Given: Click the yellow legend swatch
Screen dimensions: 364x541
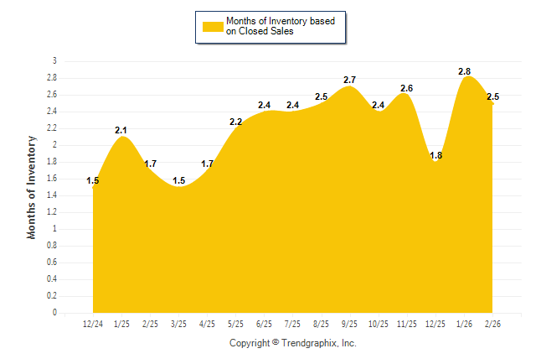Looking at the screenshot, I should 213,26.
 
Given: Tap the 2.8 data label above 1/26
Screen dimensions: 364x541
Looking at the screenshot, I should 466,71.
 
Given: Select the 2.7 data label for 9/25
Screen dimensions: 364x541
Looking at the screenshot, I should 350,80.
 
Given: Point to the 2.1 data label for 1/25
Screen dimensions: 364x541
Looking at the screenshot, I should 121,130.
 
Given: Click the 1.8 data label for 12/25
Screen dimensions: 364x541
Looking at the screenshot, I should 435,155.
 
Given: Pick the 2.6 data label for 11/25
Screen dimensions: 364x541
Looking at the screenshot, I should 407,88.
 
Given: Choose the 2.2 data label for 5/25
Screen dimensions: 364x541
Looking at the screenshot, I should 235,122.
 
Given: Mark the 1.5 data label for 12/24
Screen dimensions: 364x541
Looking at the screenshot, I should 93,180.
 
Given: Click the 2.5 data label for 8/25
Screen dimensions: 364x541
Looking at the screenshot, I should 321,96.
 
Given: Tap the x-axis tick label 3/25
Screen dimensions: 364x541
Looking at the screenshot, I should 178,324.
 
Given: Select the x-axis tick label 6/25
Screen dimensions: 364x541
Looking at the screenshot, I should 264,324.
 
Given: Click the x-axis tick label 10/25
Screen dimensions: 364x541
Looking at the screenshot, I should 379,324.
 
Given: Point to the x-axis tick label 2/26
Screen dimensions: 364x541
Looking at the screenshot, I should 492,324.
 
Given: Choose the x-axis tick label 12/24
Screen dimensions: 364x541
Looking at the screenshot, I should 93,324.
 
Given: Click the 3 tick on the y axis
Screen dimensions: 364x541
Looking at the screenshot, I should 54,61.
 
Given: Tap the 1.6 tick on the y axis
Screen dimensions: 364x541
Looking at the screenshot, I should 52,179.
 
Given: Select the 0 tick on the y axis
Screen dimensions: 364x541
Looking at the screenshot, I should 54,313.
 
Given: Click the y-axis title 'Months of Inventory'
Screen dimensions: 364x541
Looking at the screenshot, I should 33,187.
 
